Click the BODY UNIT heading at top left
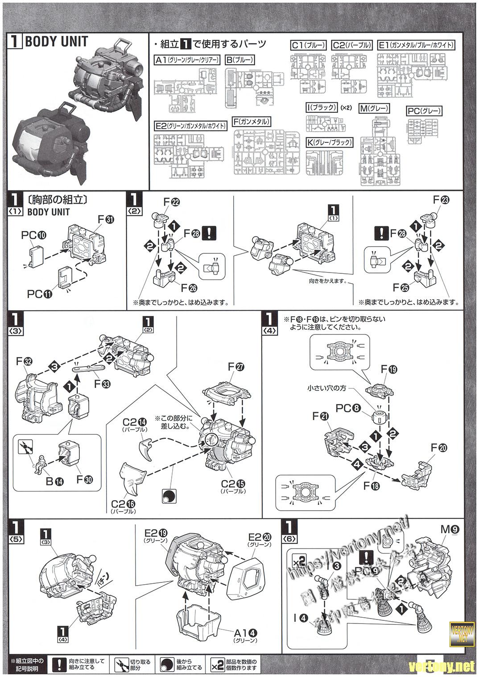point(56,42)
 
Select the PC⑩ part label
point(34,235)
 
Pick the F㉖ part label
point(187,288)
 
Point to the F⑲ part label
point(389,369)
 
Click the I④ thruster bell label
point(301,618)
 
